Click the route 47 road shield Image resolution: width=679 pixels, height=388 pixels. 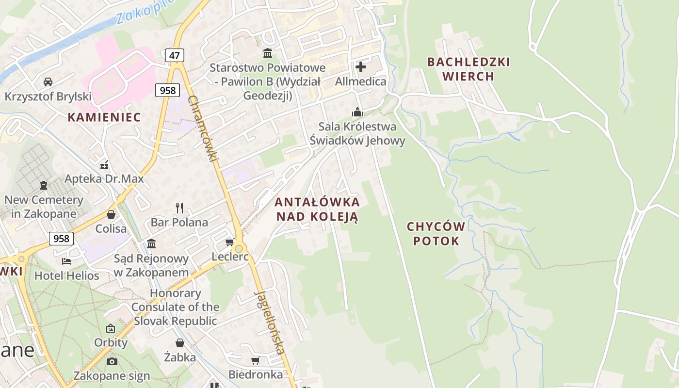tap(175, 55)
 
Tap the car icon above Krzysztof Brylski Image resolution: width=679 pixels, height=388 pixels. tap(48, 81)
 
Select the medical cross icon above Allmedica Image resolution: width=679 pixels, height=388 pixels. tap(361, 66)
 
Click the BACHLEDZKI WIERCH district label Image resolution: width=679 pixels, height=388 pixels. tap(469, 69)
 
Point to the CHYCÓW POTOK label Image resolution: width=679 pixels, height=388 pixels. tap(436, 233)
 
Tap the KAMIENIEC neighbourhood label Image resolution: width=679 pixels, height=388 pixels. tap(104, 117)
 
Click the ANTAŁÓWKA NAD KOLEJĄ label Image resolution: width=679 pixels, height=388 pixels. tap(317, 209)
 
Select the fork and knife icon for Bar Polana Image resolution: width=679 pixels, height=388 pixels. tap(179, 208)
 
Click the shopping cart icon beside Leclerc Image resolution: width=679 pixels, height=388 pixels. tap(229, 242)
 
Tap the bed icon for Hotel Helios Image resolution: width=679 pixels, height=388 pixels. tap(66, 261)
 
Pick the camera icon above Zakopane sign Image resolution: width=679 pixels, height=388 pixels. tap(112, 361)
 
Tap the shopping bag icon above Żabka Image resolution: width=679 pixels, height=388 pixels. tap(180, 343)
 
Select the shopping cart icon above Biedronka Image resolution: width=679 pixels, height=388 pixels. tap(255, 360)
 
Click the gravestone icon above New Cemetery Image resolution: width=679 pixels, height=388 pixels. tap(44, 185)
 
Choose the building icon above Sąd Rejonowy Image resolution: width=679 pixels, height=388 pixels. tap(151, 243)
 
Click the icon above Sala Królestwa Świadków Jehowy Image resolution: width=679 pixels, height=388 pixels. tap(357, 112)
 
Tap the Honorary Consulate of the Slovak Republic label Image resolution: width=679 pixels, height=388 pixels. tap(175, 307)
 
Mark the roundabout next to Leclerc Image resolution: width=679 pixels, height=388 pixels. tap(239, 249)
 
